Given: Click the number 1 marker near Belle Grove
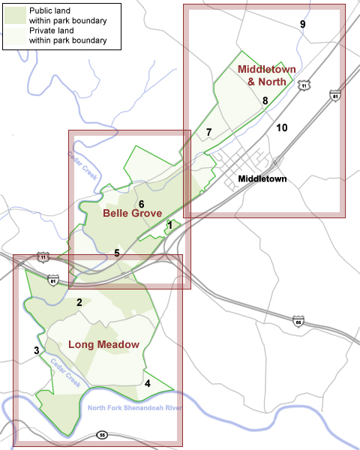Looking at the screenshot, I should tap(169, 225).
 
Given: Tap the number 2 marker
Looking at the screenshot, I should tap(79, 302).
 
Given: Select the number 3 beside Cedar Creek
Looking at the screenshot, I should tap(36, 350).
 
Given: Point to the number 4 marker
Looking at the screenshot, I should tap(147, 384).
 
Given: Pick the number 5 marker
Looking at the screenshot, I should tap(117, 253).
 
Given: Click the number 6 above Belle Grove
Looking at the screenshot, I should tap(141, 204).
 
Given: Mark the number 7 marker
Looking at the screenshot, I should tap(208, 133).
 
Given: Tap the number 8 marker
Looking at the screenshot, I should tap(265, 101).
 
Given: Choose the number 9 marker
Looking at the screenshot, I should tap(302, 25).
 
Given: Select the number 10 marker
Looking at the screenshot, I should tap(281, 127).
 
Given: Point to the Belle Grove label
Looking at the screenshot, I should tap(133, 214).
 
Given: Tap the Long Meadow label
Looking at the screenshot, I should tap(103, 345).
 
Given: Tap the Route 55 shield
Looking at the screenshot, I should tap(102, 436).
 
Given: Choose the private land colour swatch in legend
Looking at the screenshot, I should tap(15, 36).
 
